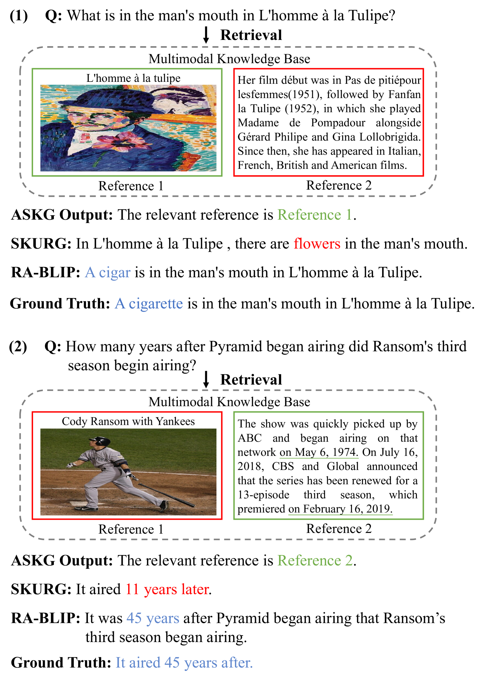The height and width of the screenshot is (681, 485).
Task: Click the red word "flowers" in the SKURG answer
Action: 317,243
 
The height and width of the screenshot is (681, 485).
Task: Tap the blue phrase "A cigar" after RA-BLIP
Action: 108,272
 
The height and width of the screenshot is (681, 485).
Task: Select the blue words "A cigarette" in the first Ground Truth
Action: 149,303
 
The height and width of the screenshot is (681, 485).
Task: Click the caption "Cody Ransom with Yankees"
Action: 128,421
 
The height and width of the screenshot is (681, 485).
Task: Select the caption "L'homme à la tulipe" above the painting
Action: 133,78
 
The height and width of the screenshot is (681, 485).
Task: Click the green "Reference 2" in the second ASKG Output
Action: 315,561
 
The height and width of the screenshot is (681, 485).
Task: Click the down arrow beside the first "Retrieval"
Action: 206,35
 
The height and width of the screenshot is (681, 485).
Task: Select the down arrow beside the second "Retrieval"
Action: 206,379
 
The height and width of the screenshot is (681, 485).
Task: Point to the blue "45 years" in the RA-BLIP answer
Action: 153,618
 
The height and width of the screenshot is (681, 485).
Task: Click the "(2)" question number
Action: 18,346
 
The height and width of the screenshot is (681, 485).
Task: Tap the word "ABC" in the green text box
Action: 249,438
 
